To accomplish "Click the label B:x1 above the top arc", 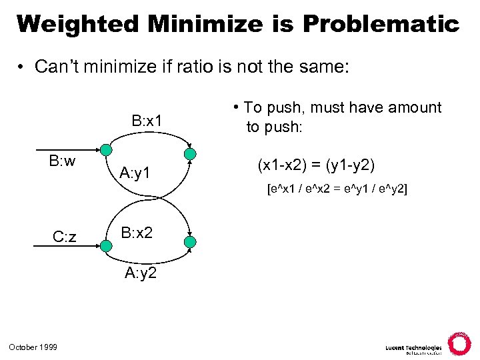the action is pyautogui.click(x=147, y=121).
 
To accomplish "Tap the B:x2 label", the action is pyautogui.click(x=137, y=232).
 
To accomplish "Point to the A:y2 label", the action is pyautogui.click(x=141, y=273).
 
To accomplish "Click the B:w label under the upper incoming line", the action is pyautogui.click(x=62, y=161).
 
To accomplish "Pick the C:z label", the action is pyautogui.click(x=65, y=237).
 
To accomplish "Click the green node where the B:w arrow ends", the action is pyautogui.click(x=106, y=150).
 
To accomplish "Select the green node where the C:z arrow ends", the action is pyautogui.click(x=106, y=246).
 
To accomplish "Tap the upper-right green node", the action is pyautogui.click(x=190, y=155).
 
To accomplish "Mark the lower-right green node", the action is pyautogui.click(x=190, y=241).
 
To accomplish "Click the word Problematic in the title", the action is pyautogui.click(x=381, y=25).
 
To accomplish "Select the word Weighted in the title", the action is pyautogui.click(x=79, y=25).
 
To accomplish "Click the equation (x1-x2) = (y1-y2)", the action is pyautogui.click(x=316, y=163).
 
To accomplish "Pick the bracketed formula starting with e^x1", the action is pyautogui.click(x=337, y=189).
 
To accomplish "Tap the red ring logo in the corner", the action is pyautogui.click(x=459, y=343).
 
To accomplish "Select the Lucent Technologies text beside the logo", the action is pyautogui.click(x=413, y=348).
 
